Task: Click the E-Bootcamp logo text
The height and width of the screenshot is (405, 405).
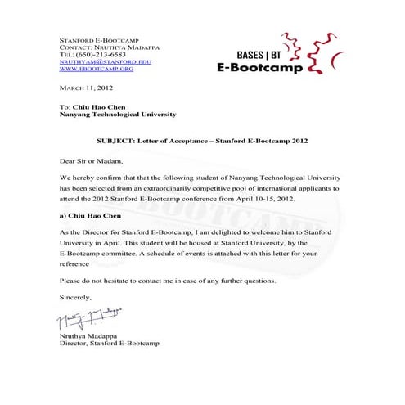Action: pos(259,68)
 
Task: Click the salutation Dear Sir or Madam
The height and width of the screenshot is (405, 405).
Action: pos(90,160)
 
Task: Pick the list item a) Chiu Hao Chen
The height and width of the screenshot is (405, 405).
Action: pos(92,218)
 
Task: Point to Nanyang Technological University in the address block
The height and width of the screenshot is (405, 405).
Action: pos(118,115)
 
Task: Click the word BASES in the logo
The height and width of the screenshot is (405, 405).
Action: pos(236,54)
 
